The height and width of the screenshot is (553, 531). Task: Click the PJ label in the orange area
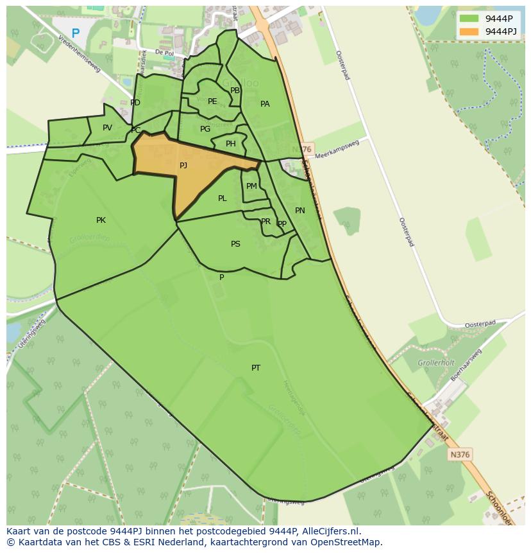(183, 166)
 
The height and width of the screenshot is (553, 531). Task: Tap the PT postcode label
(256, 368)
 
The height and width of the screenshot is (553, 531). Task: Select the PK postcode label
(101, 220)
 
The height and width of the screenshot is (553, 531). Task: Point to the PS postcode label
(235, 244)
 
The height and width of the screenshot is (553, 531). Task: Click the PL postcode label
(222, 198)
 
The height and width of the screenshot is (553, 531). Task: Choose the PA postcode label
(265, 104)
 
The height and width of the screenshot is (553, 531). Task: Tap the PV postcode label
(107, 128)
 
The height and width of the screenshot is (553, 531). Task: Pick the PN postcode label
(299, 211)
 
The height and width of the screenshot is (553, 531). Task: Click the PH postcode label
(230, 144)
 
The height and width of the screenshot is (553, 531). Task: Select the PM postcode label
(251, 186)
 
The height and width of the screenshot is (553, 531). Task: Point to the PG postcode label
(205, 129)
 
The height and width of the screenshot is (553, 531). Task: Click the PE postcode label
(212, 101)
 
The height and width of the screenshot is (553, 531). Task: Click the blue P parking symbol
(76, 33)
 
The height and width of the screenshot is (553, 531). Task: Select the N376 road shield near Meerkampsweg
(305, 149)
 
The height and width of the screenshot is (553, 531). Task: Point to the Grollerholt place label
(435, 363)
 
